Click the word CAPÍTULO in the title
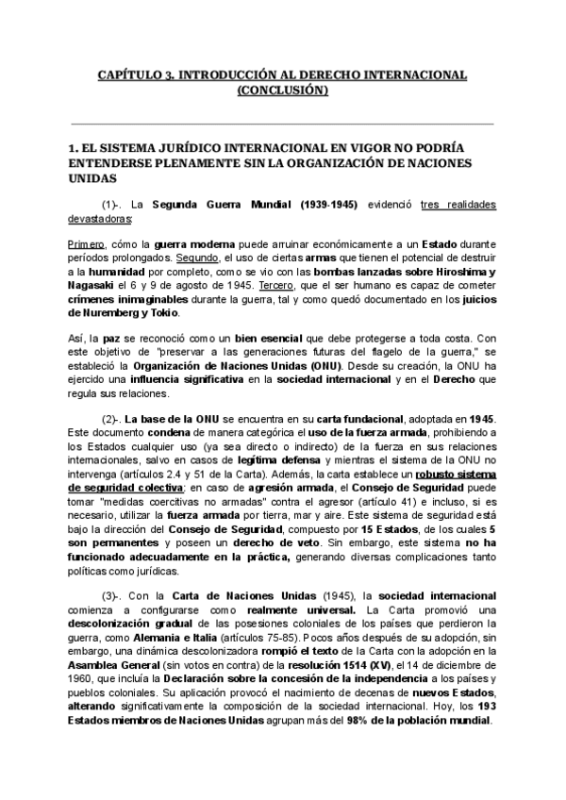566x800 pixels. [129, 74]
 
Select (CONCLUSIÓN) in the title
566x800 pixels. [282, 91]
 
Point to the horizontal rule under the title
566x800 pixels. [282, 124]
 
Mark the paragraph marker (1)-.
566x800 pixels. [112, 204]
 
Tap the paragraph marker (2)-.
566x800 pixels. [112, 418]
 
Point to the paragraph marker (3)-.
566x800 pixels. [112, 596]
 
